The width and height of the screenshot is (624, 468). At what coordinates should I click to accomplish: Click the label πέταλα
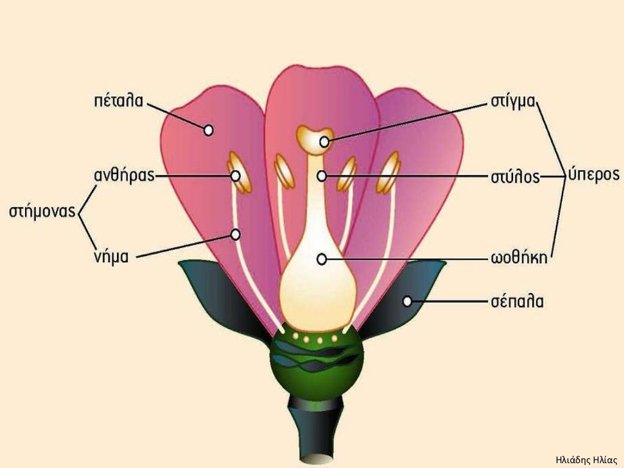click(118, 101)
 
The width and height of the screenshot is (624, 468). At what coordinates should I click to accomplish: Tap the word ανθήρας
click(124, 175)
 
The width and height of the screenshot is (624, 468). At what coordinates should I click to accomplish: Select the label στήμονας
click(42, 211)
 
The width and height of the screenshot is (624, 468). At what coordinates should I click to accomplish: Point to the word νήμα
click(111, 257)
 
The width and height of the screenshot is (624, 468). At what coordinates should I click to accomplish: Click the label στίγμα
click(512, 102)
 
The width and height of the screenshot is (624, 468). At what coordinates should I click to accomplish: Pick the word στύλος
click(515, 177)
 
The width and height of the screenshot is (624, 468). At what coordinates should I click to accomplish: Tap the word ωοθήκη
click(519, 258)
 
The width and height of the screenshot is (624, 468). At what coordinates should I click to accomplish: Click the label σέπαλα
click(517, 302)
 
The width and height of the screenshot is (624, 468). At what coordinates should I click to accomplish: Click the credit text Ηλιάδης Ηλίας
click(586, 460)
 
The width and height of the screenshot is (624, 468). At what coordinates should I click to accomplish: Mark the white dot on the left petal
click(208, 130)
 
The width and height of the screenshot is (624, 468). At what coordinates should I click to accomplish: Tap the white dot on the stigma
click(324, 141)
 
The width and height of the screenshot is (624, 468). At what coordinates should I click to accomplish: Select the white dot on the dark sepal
click(406, 302)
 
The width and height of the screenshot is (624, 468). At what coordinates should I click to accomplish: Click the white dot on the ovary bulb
click(322, 260)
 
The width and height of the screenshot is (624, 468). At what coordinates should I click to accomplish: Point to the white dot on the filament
click(235, 235)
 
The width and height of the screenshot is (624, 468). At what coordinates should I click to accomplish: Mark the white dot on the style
click(322, 176)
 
